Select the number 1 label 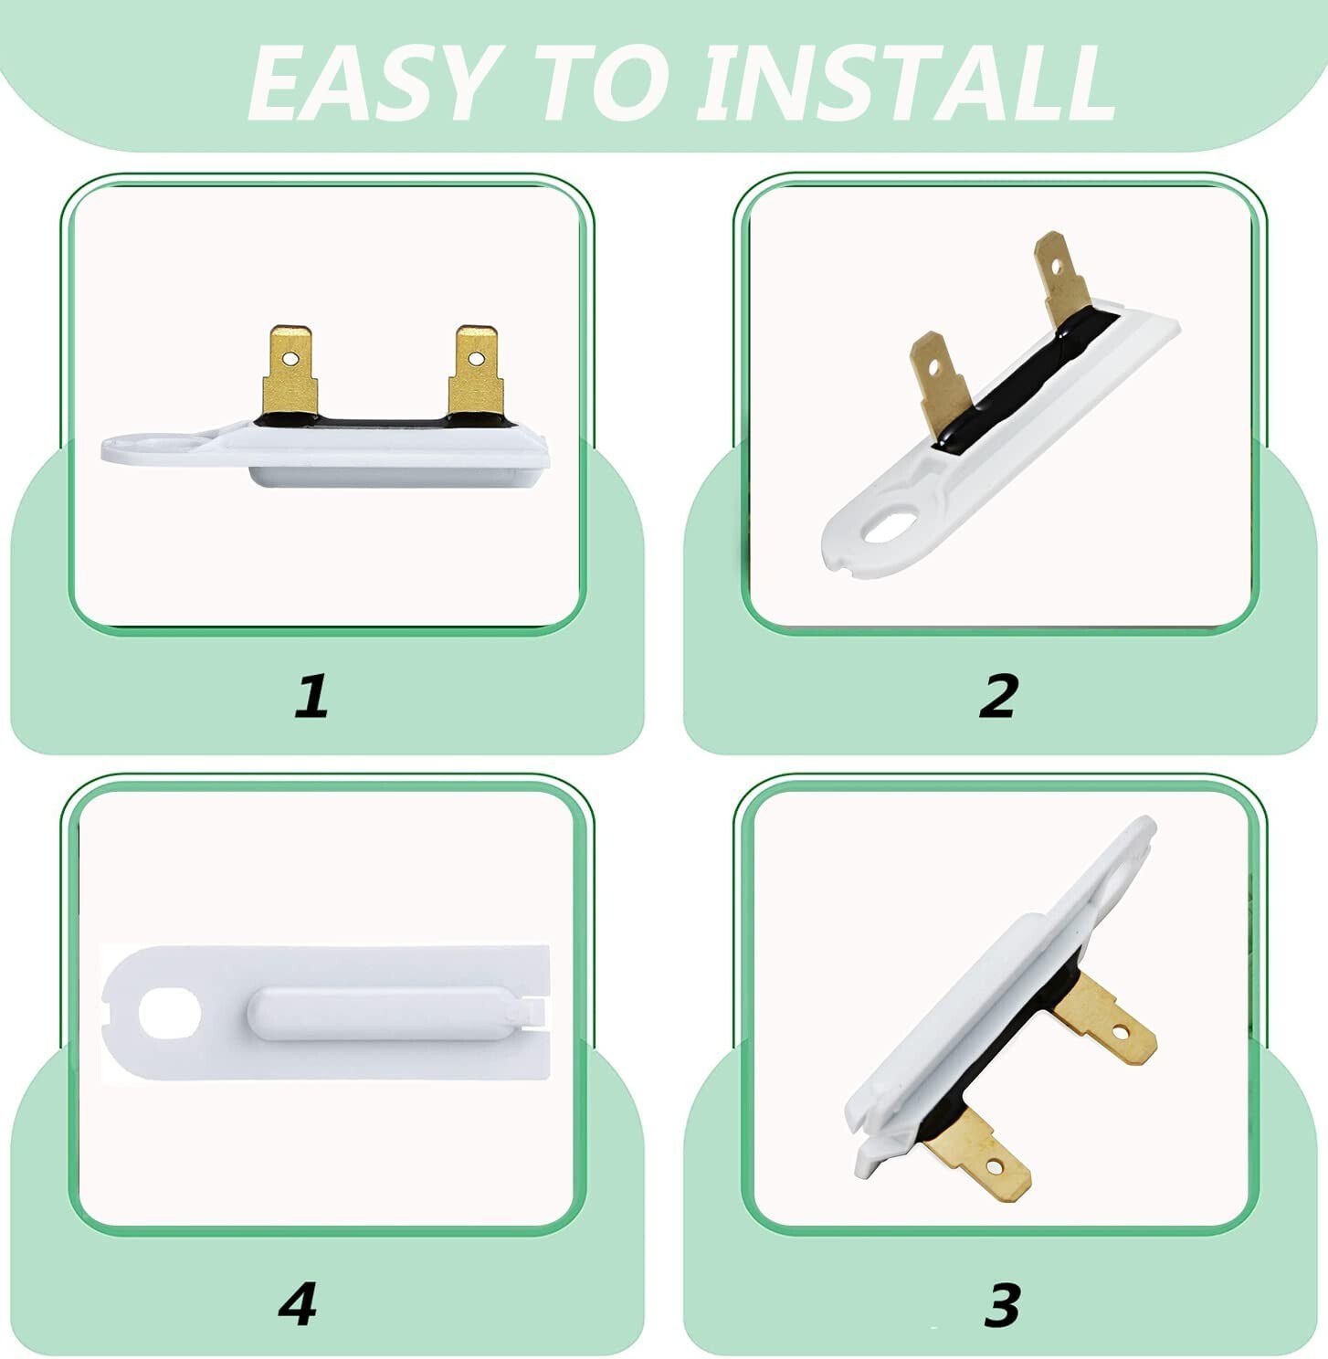pos(311,696)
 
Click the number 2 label pos(998,696)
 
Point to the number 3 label pos(1002,1305)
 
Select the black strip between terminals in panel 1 pos(384,422)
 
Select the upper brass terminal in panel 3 pos(1110,1022)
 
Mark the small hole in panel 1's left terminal pos(290,358)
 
